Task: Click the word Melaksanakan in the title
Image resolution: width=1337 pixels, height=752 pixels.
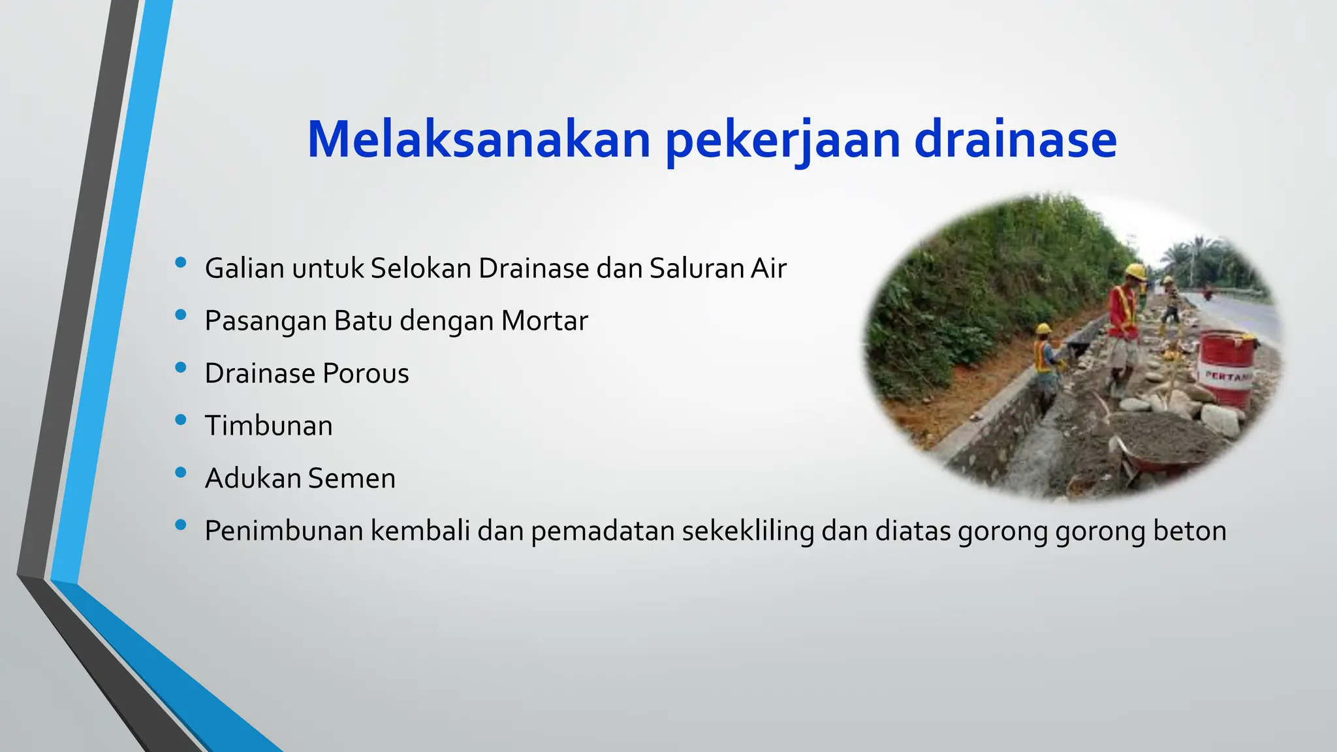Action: [479, 139]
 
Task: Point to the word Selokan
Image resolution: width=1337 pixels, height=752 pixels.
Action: [420, 268]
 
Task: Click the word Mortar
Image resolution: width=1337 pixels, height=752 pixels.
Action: [544, 321]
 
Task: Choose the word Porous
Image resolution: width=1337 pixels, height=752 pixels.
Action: [366, 373]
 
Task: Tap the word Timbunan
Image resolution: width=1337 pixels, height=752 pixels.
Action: [268, 426]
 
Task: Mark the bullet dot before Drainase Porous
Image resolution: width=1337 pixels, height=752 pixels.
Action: [181, 368]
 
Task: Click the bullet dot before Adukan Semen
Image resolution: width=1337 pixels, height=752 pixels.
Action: [181, 473]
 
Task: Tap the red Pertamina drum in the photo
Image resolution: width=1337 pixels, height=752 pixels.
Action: [1227, 369]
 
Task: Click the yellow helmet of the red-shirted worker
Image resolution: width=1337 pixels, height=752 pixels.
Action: [1135, 271]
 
